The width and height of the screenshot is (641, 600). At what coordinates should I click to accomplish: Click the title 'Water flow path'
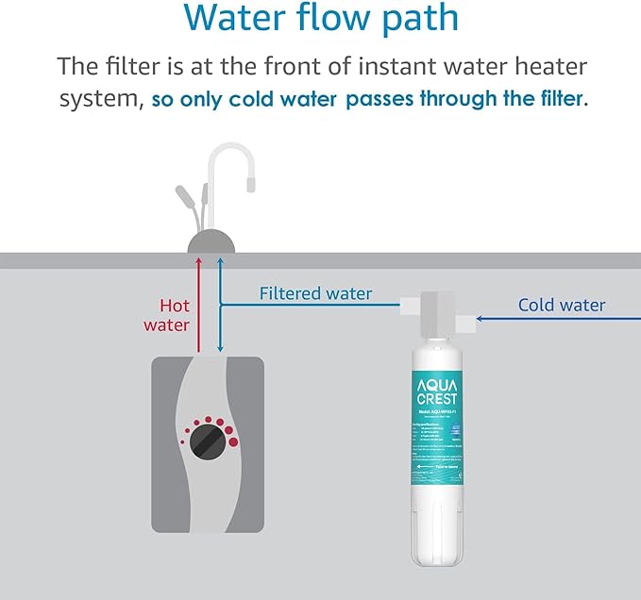pyautogui.click(x=320, y=20)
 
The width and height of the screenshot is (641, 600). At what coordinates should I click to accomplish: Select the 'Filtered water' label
pyautogui.click(x=315, y=293)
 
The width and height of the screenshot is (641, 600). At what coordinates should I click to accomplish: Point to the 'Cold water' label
pyautogui.click(x=562, y=305)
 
